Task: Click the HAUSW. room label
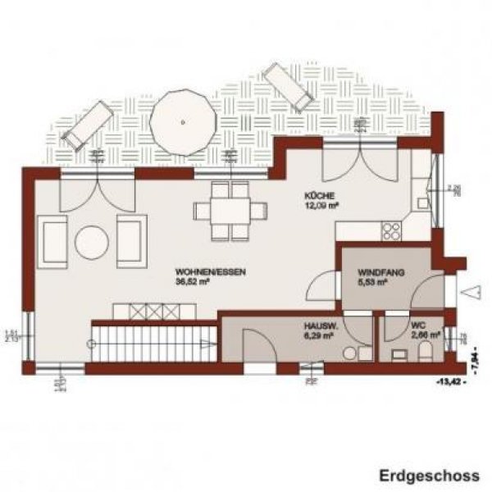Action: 319,325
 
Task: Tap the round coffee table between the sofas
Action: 90,242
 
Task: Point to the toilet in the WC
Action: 425,353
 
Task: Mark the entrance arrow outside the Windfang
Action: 471,291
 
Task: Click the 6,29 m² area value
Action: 319,335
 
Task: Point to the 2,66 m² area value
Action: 424,335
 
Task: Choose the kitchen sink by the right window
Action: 423,202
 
